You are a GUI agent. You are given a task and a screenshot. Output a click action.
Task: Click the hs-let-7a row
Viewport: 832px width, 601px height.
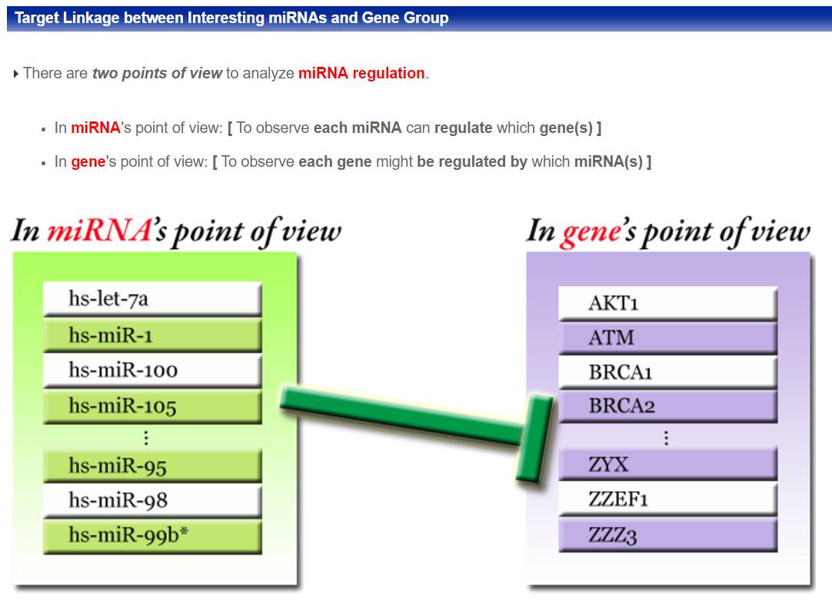[x=152, y=299]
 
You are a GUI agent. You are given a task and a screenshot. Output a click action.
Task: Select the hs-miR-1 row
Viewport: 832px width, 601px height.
[x=152, y=335]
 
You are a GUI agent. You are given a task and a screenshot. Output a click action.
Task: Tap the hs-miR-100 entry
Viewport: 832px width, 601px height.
[x=152, y=370]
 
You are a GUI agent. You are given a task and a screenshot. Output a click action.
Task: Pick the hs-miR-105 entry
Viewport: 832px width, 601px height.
[x=152, y=407]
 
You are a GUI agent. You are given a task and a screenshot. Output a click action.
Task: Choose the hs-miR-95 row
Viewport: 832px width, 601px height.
[x=152, y=466]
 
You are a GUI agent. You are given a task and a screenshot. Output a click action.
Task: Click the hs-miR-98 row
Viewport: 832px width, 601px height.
[x=152, y=500]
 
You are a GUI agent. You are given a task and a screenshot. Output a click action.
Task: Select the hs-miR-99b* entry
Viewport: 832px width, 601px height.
[x=152, y=536]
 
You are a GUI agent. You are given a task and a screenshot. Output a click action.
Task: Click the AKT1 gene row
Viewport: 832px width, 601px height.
[x=667, y=304]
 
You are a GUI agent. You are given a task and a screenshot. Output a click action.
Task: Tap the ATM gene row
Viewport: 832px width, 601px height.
[x=667, y=338]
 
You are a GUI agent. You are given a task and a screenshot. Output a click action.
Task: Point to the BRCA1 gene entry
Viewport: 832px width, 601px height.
[x=667, y=373]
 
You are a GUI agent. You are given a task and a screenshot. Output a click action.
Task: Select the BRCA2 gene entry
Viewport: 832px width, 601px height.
[x=667, y=407]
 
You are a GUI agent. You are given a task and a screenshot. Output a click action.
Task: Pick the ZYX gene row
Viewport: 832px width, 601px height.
[x=667, y=465]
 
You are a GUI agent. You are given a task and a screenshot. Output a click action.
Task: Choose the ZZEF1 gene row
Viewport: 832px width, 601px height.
[x=667, y=499]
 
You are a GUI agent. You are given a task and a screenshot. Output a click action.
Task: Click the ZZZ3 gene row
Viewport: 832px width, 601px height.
[x=667, y=535]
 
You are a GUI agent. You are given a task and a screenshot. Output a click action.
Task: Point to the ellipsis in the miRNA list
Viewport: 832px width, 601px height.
[x=146, y=437]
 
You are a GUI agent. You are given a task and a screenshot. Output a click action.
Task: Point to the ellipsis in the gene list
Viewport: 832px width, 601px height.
[x=666, y=437]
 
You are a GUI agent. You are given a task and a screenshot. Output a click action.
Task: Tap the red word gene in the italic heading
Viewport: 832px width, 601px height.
[x=591, y=232]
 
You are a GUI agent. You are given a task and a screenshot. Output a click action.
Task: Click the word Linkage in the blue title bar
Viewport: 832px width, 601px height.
[x=91, y=18]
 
